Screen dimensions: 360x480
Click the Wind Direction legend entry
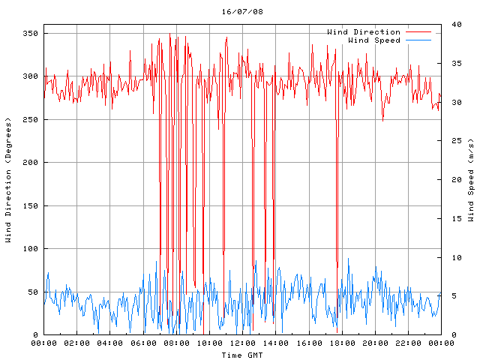click(364, 32)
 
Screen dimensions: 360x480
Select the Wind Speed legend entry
click(374, 40)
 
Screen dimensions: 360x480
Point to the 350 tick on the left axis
click(30, 34)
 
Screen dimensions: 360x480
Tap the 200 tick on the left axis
click(30, 163)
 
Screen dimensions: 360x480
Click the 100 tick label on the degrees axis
click(30, 249)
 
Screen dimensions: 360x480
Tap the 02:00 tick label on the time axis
click(77, 343)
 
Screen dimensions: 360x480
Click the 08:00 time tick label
click(176, 343)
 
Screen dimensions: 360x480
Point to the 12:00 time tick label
click(242, 343)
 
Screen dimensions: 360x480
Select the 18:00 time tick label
click(342, 343)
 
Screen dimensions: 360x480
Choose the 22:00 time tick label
click(408, 343)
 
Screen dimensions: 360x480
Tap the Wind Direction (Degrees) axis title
click(9, 180)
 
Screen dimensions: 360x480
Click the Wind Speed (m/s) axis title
click(472, 180)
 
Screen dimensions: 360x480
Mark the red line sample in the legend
click(418, 32)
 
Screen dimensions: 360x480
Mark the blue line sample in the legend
click(418, 40)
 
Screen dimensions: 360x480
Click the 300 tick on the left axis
click(30, 76)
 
